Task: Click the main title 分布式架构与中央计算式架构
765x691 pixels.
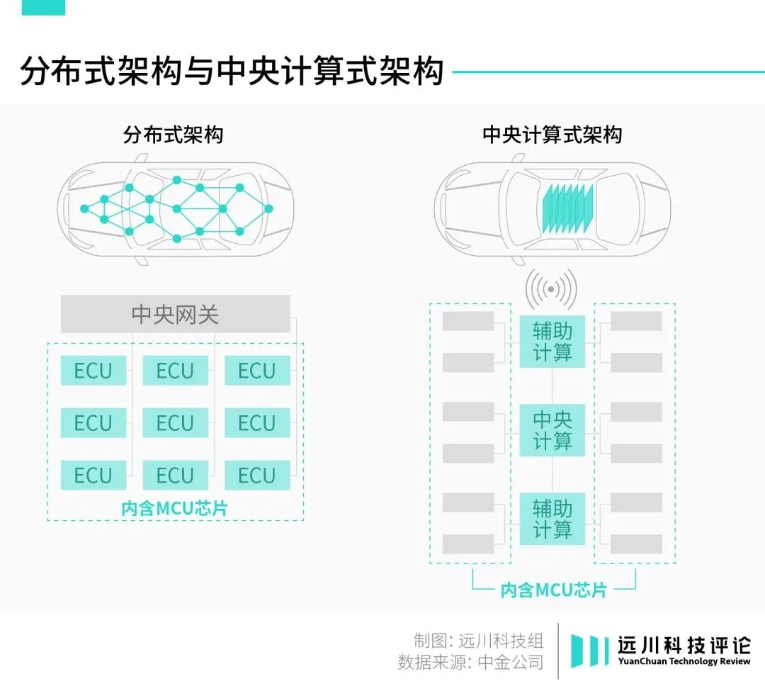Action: click(x=232, y=72)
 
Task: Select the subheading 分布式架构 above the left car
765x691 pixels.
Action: click(x=173, y=135)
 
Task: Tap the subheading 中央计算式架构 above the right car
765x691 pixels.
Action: click(x=552, y=135)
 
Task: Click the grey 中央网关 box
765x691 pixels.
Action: click(x=175, y=314)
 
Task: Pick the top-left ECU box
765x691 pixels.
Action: click(x=93, y=371)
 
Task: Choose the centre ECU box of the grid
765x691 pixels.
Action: click(x=175, y=423)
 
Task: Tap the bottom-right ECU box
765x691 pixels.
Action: click(x=256, y=475)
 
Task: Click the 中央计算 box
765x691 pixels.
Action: click(x=552, y=430)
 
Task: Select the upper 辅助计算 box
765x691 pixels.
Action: click(x=552, y=342)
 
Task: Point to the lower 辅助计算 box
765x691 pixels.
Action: click(x=552, y=519)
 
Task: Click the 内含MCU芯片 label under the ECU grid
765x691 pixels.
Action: click(x=175, y=508)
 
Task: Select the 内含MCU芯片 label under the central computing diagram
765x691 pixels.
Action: click(x=553, y=590)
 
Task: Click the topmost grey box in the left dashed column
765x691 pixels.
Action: click(x=468, y=321)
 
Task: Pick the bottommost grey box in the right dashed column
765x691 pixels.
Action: click(x=636, y=544)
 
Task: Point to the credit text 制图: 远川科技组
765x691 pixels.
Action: click(x=479, y=641)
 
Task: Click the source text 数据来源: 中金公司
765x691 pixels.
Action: click(x=471, y=663)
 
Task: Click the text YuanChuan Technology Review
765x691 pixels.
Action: click(x=684, y=661)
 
